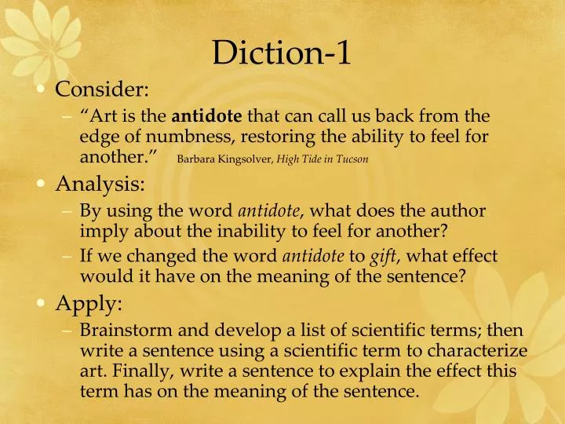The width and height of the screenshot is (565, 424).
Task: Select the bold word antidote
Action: (x=207, y=117)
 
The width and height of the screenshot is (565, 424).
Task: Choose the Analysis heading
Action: (x=99, y=185)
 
